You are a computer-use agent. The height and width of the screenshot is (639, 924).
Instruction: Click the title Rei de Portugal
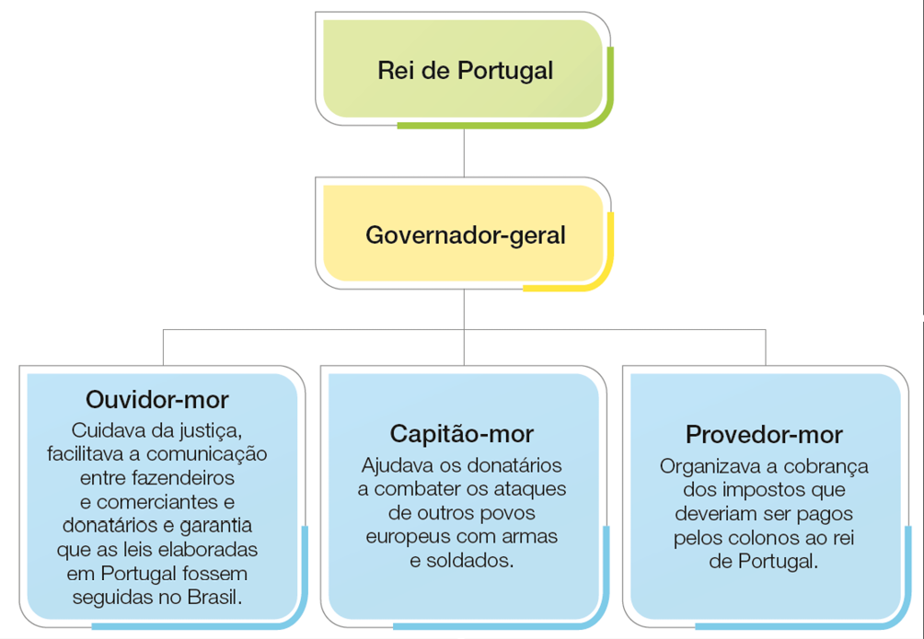(465, 71)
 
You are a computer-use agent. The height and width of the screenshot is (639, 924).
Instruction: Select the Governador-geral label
(465, 235)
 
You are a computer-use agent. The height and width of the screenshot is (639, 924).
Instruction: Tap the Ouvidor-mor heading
(157, 400)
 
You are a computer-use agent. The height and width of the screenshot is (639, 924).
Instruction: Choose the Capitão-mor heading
(461, 433)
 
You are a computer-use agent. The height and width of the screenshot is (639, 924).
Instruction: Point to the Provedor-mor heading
(764, 434)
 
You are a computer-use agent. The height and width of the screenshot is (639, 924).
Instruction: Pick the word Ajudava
(398, 464)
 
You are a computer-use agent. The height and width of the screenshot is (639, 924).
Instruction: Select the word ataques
(529, 488)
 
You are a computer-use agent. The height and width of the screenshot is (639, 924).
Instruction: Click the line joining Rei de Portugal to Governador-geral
(465, 153)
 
